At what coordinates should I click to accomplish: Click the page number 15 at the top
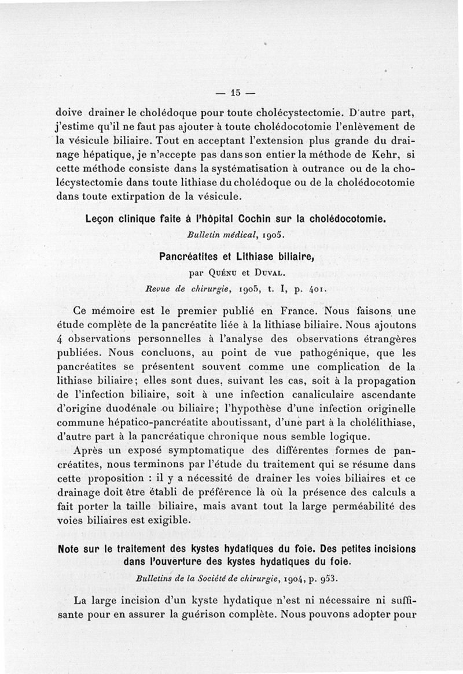235,92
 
